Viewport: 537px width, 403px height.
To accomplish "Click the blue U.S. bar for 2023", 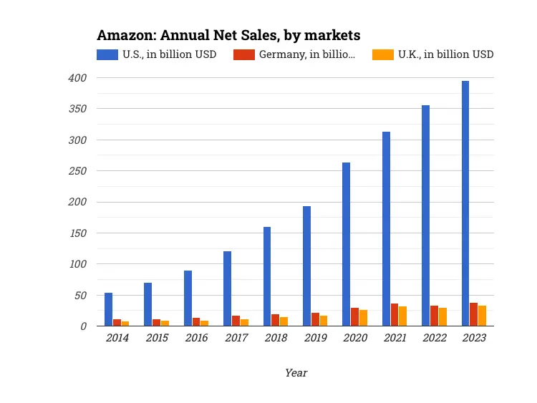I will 465,203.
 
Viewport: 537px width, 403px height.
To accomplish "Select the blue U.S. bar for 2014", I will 108,309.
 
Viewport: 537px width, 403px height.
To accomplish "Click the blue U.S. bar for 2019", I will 306,266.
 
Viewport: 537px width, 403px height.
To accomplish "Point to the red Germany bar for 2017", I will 236,321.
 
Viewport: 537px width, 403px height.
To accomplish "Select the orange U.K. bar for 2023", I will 482,316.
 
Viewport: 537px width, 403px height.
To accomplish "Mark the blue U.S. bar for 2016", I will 188,298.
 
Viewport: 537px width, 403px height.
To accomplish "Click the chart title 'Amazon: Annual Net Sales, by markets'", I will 228,35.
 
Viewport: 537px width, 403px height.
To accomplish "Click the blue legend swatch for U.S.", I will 107,54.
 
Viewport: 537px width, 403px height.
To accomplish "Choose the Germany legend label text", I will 306,54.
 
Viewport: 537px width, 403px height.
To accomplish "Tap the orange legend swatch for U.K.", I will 383,54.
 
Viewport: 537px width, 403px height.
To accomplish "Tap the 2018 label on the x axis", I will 276,338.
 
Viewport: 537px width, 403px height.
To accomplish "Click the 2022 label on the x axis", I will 435,338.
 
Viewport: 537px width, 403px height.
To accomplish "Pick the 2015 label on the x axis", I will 157,338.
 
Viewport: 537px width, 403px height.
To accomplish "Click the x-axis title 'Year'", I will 296,372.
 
